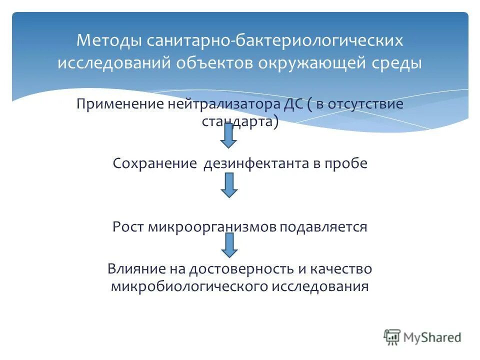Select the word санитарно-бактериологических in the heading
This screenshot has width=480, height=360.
tap(274, 40)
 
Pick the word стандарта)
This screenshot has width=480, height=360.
tap(240, 121)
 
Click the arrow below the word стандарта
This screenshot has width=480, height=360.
tap(229, 135)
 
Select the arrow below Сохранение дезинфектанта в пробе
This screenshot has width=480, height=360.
tap(229, 185)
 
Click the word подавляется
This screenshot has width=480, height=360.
tap(323, 227)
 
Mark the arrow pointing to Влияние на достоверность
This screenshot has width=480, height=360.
tap(229, 245)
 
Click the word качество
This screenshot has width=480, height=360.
tap(343, 268)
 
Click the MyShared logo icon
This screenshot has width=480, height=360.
tap(392, 337)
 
